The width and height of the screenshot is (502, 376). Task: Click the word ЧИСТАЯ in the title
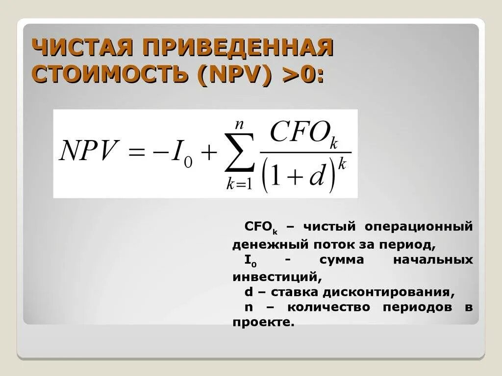click(81, 49)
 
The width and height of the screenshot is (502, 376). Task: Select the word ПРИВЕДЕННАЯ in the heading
click(238, 49)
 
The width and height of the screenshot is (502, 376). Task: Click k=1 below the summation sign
click(239, 185)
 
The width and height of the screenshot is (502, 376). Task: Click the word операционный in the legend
click(419, 227)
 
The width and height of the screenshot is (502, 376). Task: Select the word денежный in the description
click(260, 243)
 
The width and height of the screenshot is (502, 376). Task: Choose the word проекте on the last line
click(262, 323)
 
